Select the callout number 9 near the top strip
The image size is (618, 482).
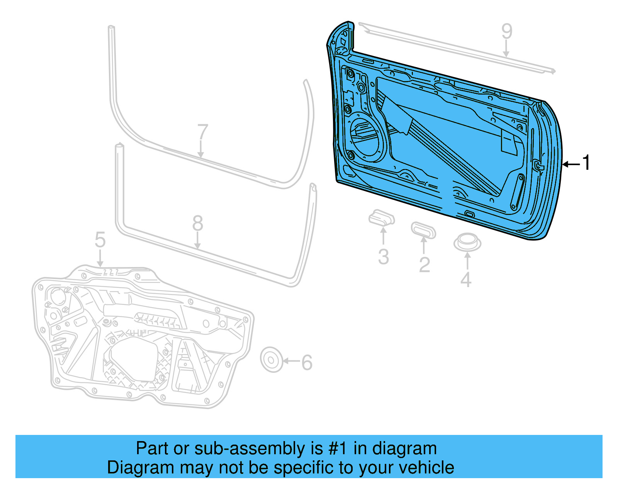pyautogui.click(x=507, y=32)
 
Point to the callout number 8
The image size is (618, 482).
pyautogui.click(x=197, y=223)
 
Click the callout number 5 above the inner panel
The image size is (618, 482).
pyautogui.click(x=100, y=240)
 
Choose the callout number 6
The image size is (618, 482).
pyautogui.click(x=307, y=363)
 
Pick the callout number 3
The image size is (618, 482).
pyautogui.click(x=383, y=257)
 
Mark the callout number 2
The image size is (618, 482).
pyautogui.click(x=424, y=265)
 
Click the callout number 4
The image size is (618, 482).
pyautogui.click(x=466, y=280)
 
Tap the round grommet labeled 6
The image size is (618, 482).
pyautogui.click(x=271, y=360)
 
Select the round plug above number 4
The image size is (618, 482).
pyautogui.click(x=467, y=242)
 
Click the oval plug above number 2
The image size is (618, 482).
pyautogui.click(x=423, y=230)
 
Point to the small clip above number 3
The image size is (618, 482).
pyautogui.click(x=381, y=218)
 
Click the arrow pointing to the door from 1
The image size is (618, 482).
pyautogui.click(x=571, y=164)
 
